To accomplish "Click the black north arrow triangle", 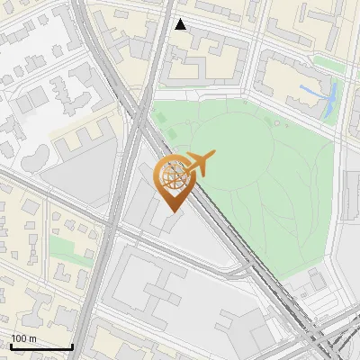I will tap(180, 24).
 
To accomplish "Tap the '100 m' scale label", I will tap(24, 338).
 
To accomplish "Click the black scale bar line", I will tap(41, 346).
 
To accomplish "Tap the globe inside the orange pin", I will tap(174, 175).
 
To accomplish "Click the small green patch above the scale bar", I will tap(63, 248).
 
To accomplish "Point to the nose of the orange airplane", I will tap(213, 156).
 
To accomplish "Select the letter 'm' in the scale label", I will tap(32, 338).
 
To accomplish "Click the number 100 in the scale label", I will tap(20, 338).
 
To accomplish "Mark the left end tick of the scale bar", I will tap(11, 346).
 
